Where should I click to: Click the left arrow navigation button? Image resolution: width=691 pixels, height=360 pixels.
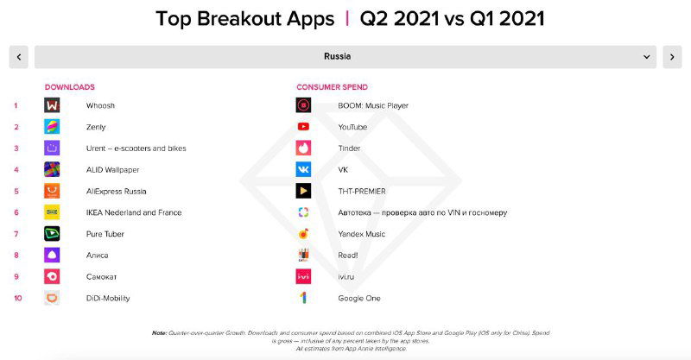(19, 57)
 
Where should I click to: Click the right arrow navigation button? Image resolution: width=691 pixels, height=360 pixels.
(672, 57)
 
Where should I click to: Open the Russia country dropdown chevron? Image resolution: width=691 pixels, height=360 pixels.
(647, 57)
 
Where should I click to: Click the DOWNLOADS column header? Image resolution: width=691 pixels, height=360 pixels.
(70, 87)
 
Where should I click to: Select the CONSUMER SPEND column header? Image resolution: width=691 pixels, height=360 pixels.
(332, 87)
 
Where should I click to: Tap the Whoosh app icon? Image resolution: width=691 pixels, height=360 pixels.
(52, 105)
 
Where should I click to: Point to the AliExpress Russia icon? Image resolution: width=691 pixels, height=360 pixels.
(52, 191)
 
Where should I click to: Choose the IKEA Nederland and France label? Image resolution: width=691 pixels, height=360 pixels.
(134, 212)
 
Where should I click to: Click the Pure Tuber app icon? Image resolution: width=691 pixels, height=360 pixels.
(52, 234)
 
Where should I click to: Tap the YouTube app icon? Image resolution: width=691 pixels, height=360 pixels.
(303, 127)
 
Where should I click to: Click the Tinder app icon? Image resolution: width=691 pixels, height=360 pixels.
(303, 148)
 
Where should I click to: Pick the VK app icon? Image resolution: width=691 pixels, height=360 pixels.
(303, 169)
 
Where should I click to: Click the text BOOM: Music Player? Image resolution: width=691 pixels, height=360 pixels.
(373, 105)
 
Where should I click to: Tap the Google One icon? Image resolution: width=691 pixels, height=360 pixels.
(303, 298)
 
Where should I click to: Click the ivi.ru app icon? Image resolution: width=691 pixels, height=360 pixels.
(303, 276)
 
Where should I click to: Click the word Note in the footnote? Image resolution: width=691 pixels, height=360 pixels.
(159, 332)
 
